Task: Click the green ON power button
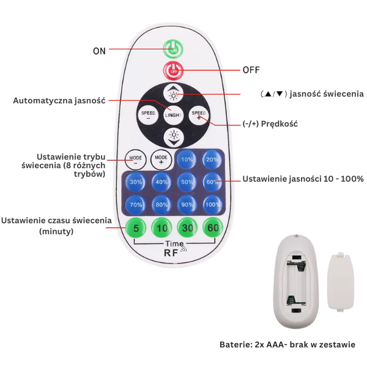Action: [173, 48]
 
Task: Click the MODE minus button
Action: [135, 159]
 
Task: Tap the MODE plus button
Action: [161, 159]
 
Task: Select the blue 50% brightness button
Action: [187, 182]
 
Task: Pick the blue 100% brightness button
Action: [212, 204]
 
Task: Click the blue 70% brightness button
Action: [136, 204]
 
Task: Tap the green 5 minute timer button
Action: [135, 228]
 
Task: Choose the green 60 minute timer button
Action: [213, 228]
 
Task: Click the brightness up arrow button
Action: [174, 94]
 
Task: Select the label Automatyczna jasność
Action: [59, 100]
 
